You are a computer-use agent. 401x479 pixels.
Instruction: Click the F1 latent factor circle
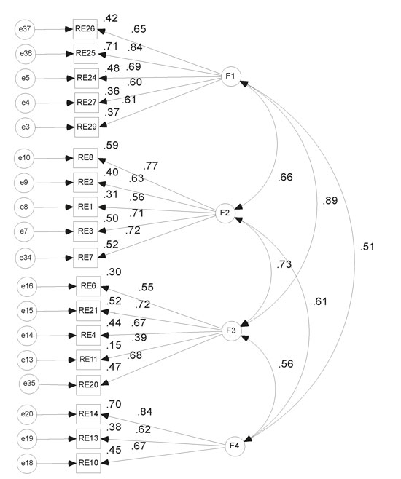click(x=231, y=76)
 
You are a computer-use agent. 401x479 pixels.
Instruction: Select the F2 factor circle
click(x=225, y=213)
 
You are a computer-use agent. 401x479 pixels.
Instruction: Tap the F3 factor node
click(x=232, y=330)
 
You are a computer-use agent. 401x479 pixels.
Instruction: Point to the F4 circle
click(x=235, y=446)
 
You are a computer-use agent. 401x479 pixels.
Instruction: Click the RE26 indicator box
click(x=85, y=29)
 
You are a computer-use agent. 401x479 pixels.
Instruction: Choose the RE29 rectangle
click(x=87, y=127)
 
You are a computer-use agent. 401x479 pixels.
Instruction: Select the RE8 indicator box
click(x=85, y=158)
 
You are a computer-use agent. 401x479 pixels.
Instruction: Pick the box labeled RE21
click(x=88, y=311)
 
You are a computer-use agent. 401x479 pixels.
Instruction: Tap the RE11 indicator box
click(x=88, y=360)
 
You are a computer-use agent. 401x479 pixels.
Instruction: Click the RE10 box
click(x=88, y=463)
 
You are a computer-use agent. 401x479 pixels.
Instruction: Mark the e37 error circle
click(x=25, y=29)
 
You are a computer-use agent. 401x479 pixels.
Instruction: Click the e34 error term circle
click(x=26, y=258)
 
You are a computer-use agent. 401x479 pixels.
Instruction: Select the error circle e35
click(x=29, y=383)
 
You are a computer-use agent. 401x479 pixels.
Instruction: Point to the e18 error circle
click(x=27, y=463)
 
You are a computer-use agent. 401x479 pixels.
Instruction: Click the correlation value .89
click(x=330, y=201)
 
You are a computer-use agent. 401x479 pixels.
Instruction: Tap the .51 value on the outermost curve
click(x=367, y=247)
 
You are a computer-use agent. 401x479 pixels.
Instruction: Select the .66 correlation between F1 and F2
click(x=285, y=177)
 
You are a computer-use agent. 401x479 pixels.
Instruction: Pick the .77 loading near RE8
click(x=151, y=166)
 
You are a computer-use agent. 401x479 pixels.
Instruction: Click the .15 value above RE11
click(x=114, y=345)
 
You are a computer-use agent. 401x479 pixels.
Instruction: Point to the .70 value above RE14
click(x=114, y=405)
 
